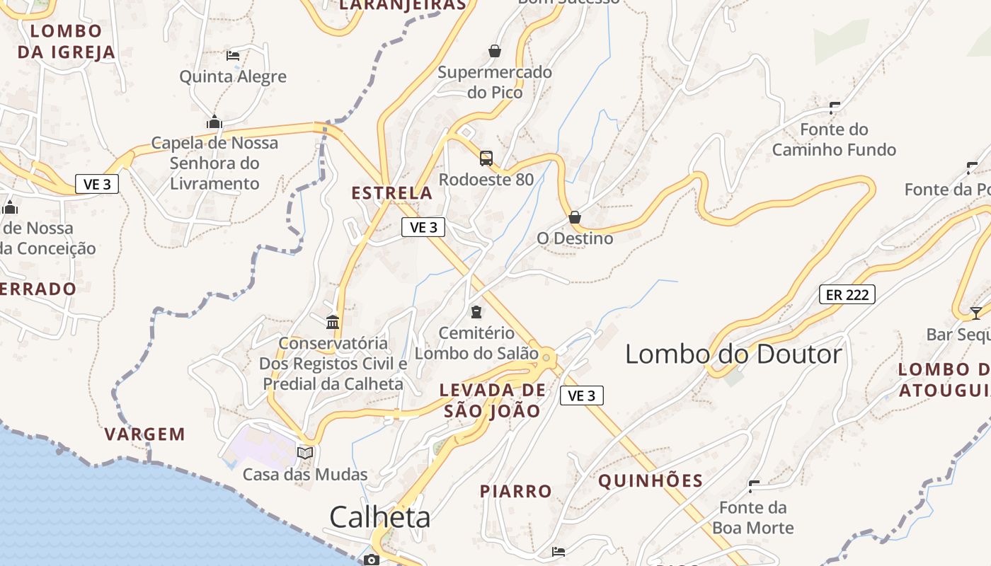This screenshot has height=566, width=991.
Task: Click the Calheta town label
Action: (x=379, y=517)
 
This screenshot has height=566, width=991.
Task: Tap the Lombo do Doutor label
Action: (x=733, y=354)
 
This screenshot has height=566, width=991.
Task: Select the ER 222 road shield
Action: (x=847, y=294)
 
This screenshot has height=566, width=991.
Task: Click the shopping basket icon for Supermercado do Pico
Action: (x=495, y=51)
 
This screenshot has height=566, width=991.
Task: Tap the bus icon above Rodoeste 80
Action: (x=486, y=158)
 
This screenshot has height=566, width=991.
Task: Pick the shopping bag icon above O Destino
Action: (x=575, y=216)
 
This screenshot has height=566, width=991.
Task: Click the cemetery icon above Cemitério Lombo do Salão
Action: (x=476, y=311)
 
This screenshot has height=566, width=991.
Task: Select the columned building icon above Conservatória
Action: (x=333, y=323)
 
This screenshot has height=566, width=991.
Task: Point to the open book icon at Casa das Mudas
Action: (x=305, y=453)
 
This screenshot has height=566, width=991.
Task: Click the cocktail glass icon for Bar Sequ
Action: (x=976, y=313)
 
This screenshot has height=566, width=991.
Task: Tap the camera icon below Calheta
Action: (x=371, y=560)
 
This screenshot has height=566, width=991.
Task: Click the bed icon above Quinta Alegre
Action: (x=233, y=55)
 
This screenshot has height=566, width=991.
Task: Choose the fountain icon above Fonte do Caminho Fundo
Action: (x=835, y=108)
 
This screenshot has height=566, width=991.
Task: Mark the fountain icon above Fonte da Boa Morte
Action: (x=754, y=486)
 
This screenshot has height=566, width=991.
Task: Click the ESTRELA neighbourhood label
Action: (x=391, y=192)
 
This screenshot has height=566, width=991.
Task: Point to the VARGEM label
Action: (x=145, y=434)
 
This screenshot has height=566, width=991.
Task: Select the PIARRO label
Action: (x=515, y=491)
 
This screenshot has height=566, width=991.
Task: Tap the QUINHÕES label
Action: (x=651, y=481)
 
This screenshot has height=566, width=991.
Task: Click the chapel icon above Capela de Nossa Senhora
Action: (x=214, y=122)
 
